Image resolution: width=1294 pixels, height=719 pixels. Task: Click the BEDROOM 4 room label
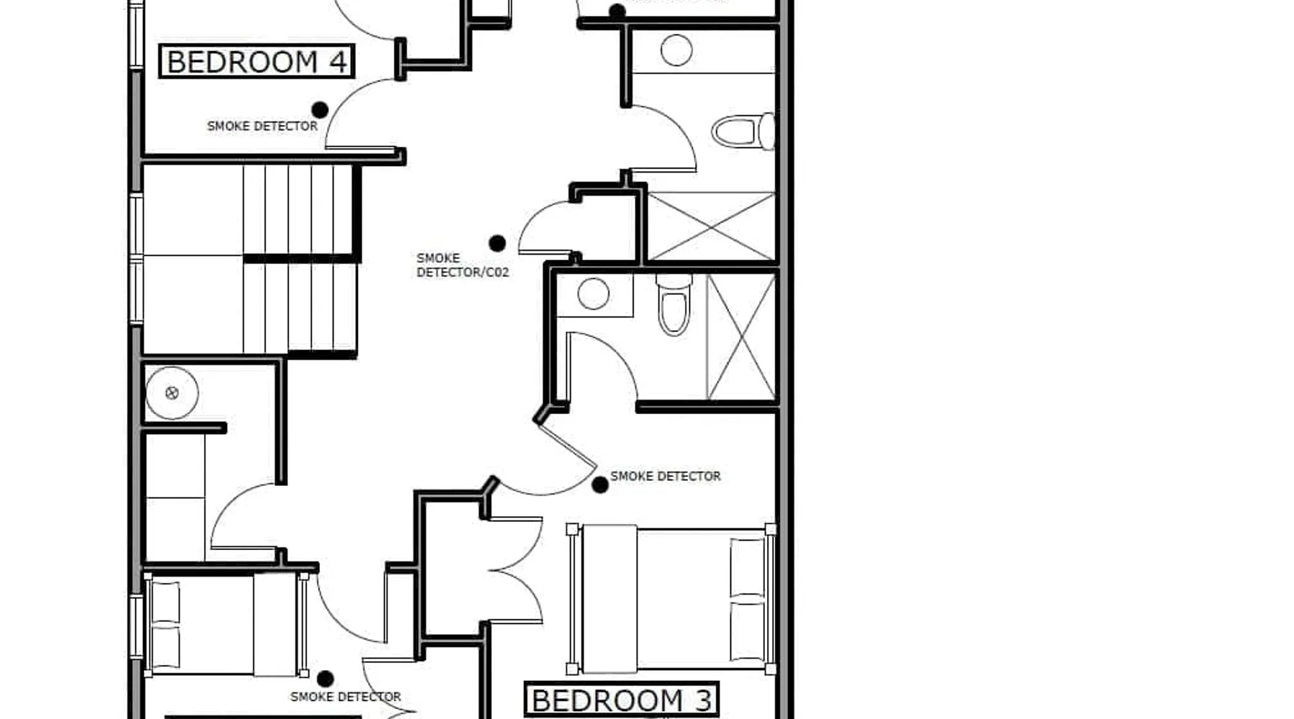(x=257, y=62)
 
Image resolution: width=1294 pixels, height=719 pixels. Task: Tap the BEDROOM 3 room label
(x=622, y=700)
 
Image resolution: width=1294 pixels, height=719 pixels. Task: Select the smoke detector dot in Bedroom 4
(x=320, y=110)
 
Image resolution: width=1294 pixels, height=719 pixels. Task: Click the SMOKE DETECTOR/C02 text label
(x=462, y=265)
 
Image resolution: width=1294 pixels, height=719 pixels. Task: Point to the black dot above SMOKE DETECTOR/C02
(x=497, y=244)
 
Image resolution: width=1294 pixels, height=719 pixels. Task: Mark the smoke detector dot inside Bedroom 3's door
(x=600, y=485)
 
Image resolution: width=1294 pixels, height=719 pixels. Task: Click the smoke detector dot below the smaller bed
(x=325, y=679)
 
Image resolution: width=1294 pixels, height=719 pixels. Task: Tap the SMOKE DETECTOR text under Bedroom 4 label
(x=262, y=126)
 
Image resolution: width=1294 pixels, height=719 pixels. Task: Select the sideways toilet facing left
(x=743, y=132)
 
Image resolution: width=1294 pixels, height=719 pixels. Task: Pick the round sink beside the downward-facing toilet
(x=594, y=294)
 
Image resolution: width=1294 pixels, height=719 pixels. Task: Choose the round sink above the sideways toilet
(x=676, y=50)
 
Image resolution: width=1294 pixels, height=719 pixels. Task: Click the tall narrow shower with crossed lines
(x=741, y=337)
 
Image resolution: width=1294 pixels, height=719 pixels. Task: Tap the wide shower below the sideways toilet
(x=711, y=226)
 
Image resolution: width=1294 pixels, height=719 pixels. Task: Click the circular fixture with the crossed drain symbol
(x=172, y=393)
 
